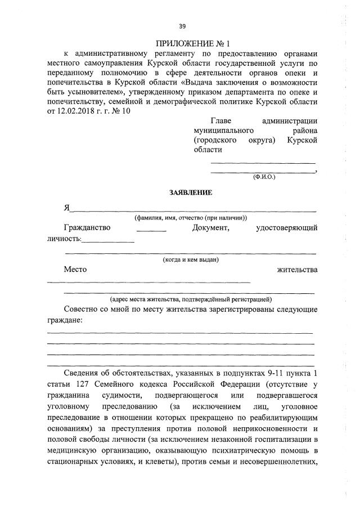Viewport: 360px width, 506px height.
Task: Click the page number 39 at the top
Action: click(x=182, y=26)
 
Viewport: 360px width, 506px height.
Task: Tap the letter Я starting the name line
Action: click(x=66, y=207)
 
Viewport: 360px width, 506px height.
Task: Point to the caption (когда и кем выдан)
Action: click(x=190, y=259)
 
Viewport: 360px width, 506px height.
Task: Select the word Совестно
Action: click(x=82, y=310)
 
